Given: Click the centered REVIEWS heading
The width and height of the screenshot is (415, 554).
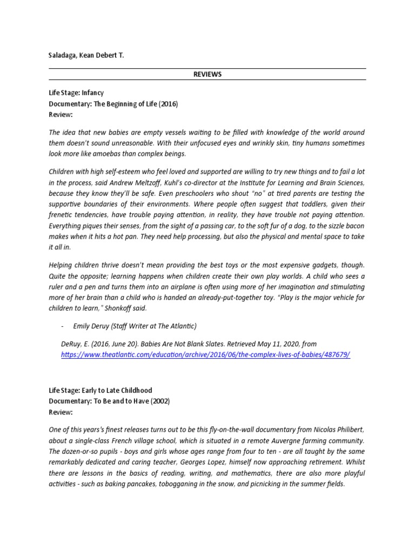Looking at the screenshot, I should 207,74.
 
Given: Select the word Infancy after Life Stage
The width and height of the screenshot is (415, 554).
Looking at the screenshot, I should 92,93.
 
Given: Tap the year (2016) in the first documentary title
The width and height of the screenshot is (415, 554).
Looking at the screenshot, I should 167,104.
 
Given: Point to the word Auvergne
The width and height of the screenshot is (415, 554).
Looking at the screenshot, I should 279,441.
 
